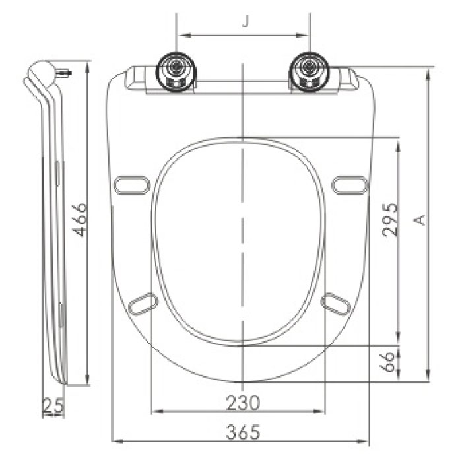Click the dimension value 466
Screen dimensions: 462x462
point(80,221)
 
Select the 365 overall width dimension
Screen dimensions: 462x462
point(243,432)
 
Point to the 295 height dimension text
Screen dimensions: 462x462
point(389,220)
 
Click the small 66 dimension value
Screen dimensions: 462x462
point(389,361)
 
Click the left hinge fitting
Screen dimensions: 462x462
point(176,71)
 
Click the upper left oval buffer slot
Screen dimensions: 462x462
point(130,185)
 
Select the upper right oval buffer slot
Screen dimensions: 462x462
point(349,185)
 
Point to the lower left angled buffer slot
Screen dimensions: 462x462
point(143,303)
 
